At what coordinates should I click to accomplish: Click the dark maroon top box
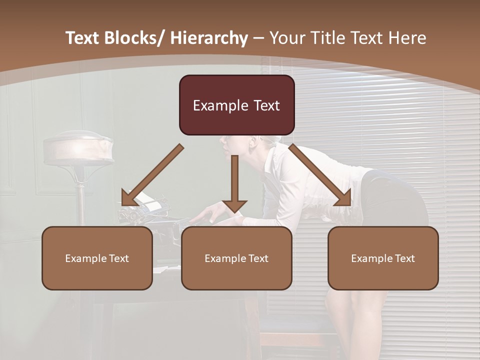coord(236,105)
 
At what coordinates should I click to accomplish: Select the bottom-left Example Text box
coord(97,258)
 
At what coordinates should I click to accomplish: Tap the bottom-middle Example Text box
coord(236,258)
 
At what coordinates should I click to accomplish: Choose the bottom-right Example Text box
coord(383,258)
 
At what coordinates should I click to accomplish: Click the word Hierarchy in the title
coord(208,38)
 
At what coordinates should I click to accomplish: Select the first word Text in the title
coord(83,38)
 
